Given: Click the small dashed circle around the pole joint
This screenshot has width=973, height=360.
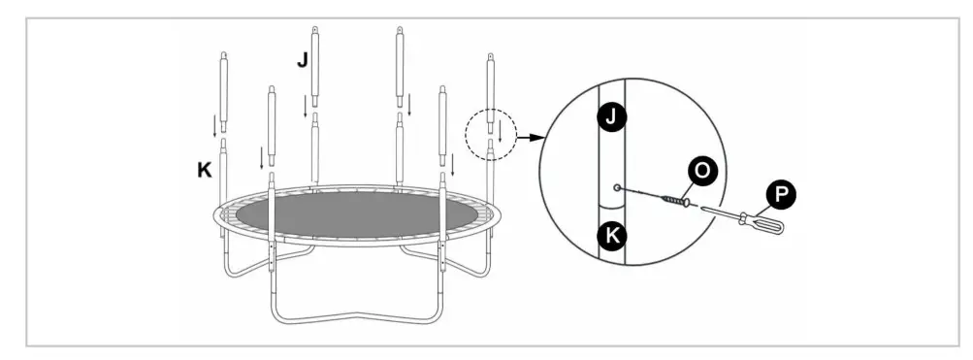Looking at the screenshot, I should (493, 136).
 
